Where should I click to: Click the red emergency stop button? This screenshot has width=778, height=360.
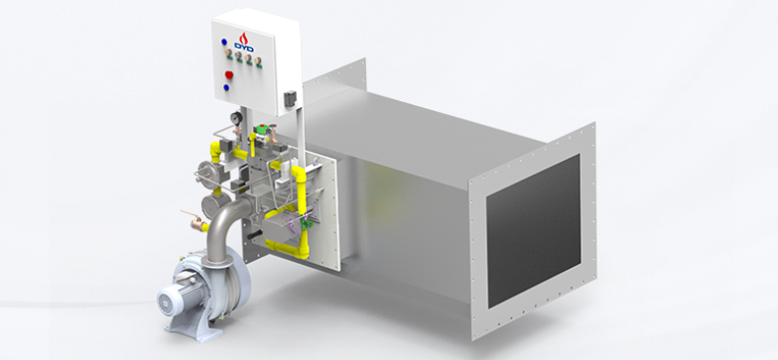tap(228, 75)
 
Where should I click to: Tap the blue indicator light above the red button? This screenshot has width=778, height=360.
tap(224, 42)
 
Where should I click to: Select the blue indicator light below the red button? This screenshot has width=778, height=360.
tap(226, 87)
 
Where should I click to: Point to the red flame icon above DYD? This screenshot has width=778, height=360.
tap(243, 38)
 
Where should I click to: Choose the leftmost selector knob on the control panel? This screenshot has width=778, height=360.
tap(228, 53)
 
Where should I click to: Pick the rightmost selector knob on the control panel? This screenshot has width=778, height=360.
tap(258, 61)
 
